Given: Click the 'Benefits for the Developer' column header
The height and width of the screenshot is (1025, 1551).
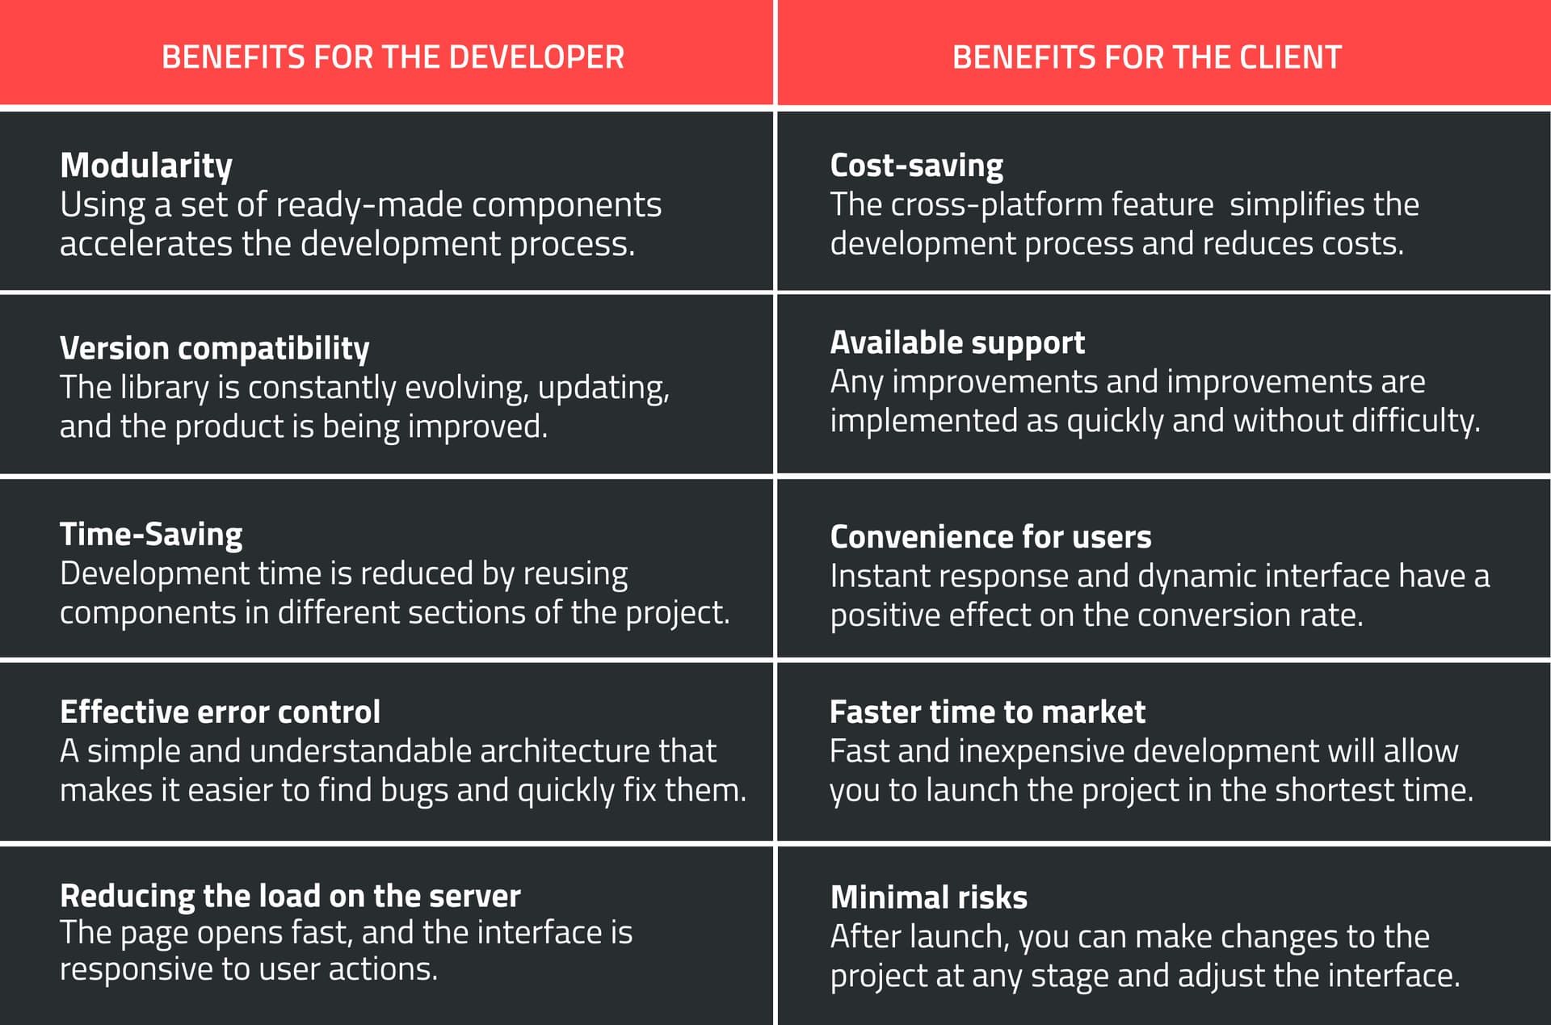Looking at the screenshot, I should (x=393, y=57).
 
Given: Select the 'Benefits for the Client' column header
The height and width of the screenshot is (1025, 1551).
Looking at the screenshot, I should (x=1146, y=57).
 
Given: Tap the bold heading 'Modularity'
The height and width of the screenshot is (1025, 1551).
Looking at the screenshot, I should (x=146, y=166).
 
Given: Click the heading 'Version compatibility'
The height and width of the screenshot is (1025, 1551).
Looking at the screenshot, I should (x=214, y=348).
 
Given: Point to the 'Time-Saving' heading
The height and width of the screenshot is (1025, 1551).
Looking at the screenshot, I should (x=151, y=534).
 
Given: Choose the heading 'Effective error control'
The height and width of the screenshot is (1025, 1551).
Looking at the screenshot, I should (x=220, y=712).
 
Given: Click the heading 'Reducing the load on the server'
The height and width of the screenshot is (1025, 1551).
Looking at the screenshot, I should (x=290, y=896).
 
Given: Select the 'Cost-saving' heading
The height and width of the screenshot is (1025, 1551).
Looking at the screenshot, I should (x=916, y=166).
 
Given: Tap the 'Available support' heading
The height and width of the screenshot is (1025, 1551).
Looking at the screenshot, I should (x=957, y=342).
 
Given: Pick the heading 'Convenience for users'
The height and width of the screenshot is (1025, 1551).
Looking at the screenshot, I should (x=990, y=537).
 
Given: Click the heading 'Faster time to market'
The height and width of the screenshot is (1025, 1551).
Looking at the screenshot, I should (x=987, y=712).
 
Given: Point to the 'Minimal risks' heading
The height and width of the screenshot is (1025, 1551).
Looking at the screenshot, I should (x=929, y=897).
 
